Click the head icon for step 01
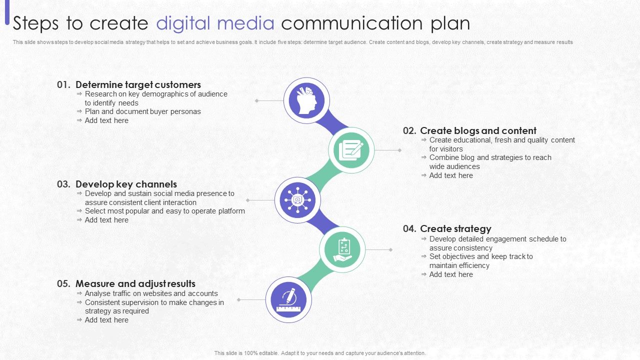[306, 100]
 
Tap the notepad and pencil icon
[351, 150]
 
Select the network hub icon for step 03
[297, 200]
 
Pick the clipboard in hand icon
[342, 249]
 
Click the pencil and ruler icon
[288, 299]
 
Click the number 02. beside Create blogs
[409, 131]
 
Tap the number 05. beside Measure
[63, 284]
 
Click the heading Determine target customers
[138, 85]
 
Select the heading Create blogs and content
[478, 131]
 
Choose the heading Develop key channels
[126, 184]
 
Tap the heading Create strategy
[455, 229]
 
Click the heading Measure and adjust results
[135, 284]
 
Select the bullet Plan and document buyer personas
[142, 111]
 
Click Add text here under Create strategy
[450, 274]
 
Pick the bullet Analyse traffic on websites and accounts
[151, 293]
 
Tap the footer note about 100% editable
[320, 353]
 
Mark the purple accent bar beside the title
[7, 12]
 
